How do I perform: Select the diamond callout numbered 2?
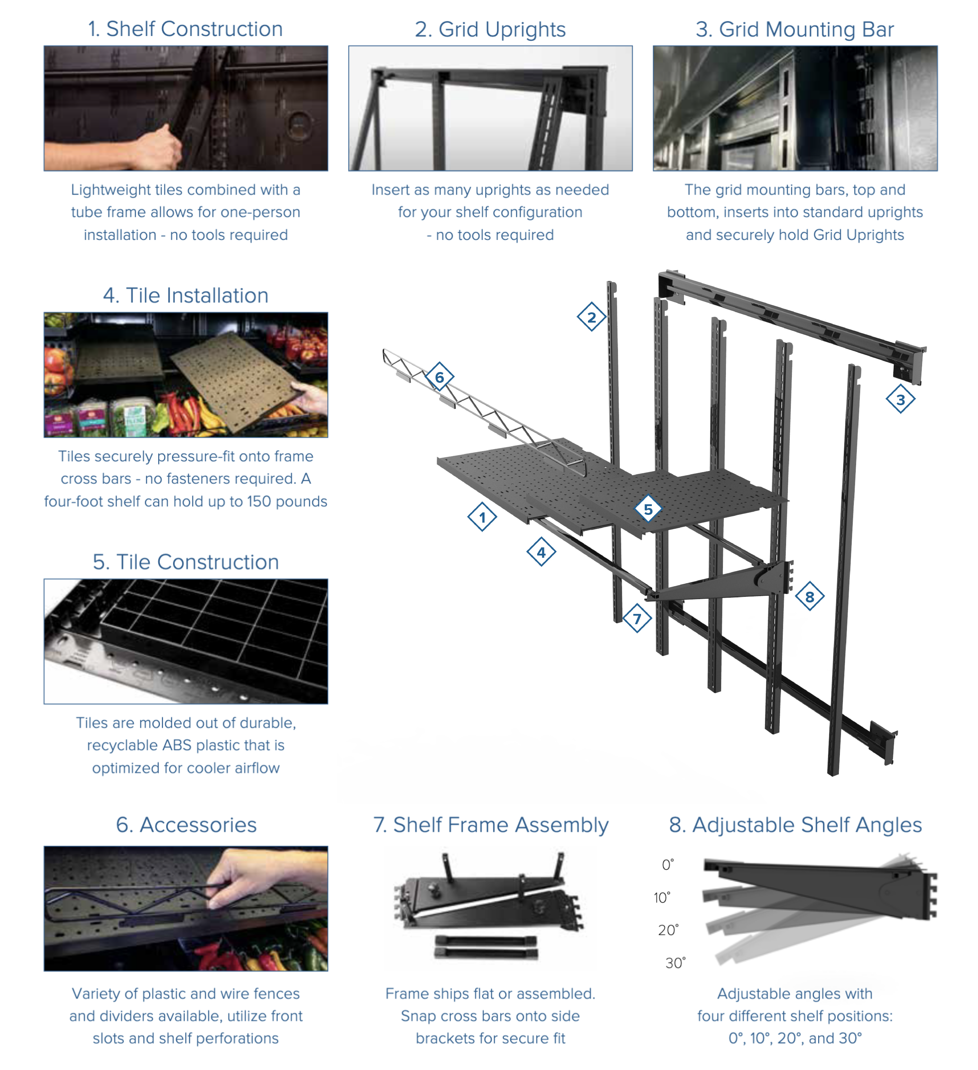click(591, 317)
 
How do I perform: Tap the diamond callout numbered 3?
click(900, 399)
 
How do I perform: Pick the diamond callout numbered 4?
click(541, 552)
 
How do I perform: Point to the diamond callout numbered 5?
click(648, 509)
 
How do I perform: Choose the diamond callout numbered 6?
click(439, 377)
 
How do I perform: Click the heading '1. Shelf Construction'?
click(186, 29)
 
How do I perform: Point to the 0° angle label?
click(668, 865)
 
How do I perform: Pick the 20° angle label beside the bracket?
click(668, 930)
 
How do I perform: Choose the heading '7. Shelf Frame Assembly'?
click(491, 825)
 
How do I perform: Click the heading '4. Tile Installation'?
click(186, 296)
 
